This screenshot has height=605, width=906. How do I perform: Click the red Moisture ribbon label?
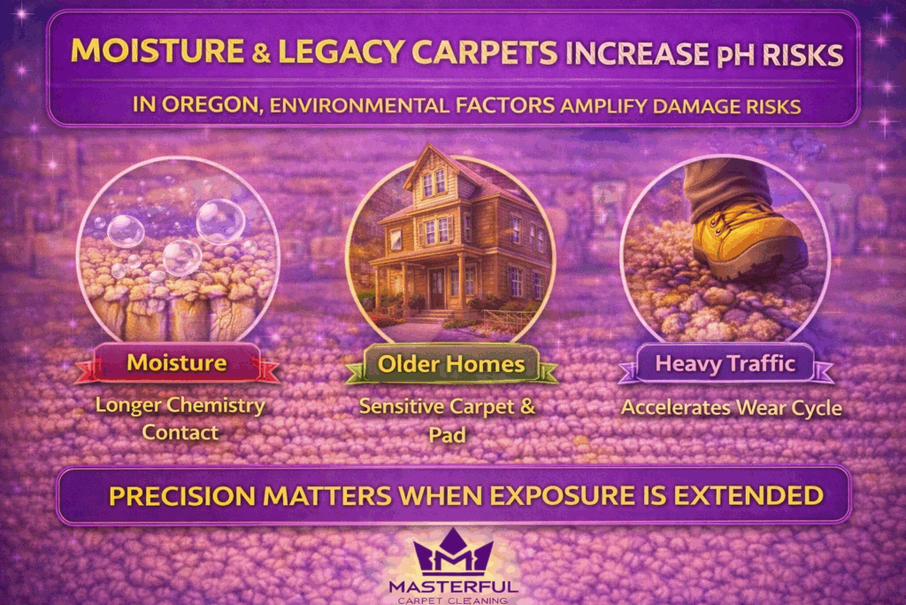coord(176,362)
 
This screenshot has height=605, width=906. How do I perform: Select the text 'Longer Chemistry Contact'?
coord(180,420)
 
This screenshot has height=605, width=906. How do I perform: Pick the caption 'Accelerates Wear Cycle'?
coord(731,408)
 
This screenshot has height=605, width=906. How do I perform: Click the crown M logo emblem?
coord(453,555)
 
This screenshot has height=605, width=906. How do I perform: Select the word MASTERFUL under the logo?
coord(453,586)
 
